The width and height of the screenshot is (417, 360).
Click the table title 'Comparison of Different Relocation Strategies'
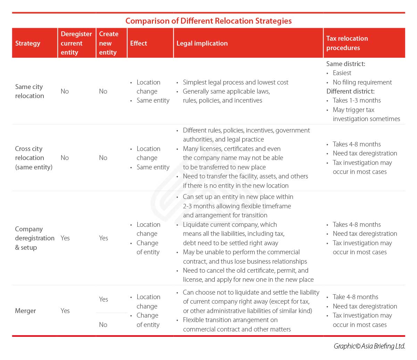(x=208, y=21)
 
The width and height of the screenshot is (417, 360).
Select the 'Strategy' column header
(x=28, y=43)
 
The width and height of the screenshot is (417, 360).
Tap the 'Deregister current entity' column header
(x=76, y=43)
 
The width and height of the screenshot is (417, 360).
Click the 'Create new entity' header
(x=108, y=43)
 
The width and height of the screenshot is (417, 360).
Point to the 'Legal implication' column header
(x=202, y=43)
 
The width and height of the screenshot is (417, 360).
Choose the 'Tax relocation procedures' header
(x=347, y=43)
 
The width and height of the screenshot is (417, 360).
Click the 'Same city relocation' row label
(x=30, y=91)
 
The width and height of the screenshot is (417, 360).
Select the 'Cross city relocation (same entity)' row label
(x=33, y=158)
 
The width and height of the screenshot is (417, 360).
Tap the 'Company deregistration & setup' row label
(x=34, y=238)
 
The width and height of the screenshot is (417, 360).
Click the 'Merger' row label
(x=25, y=311)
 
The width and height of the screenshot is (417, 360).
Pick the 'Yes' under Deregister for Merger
(x=65, y=311)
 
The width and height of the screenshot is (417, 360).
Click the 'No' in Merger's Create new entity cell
(x=103, y=325)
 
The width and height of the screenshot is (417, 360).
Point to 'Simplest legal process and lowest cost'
(x=235, y=82)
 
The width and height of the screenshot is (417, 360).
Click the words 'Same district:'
(x=345, y=64)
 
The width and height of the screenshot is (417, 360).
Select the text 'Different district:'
(x=350, y=91)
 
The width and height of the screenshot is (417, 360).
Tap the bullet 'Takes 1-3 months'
(x=357, y=101)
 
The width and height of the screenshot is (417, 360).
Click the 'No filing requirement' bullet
(x=362, y=82)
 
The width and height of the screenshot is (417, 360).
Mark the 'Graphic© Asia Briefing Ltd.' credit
(x=369, y=346)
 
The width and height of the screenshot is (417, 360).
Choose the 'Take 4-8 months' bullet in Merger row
(x=355, y=297)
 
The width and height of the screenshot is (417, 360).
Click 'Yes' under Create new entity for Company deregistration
(x=103, y=238)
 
